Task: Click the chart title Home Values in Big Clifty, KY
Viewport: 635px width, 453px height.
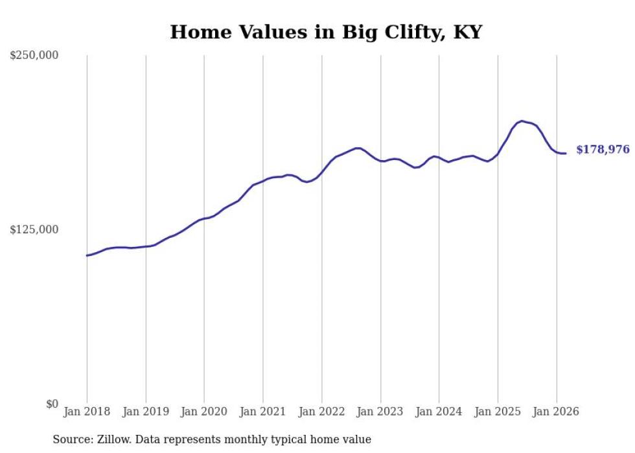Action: (326, 32)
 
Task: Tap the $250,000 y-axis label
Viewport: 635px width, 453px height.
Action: (34, 56)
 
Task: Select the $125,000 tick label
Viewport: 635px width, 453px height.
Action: (34, 229)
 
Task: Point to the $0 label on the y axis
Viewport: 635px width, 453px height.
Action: (52, 404)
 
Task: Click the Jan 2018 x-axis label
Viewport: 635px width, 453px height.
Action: (87, 412)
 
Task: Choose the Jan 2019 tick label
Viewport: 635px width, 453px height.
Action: (146, 412)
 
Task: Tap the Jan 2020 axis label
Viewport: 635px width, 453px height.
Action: (204, 412)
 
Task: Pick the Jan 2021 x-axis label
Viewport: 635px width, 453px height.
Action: (263, 412)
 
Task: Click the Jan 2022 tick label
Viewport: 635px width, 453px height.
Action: (321, 412)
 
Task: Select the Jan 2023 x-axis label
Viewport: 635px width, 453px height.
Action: (380, 412)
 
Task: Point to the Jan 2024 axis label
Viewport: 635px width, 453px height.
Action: (439, 412)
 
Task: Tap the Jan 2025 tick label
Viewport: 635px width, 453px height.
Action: (498, 412)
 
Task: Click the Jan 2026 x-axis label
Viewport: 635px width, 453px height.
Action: (556, 412)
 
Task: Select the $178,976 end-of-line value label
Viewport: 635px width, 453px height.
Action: (603, 150)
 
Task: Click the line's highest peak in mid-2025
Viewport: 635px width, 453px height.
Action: (522, 121)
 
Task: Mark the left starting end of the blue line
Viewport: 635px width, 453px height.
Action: (87, 255)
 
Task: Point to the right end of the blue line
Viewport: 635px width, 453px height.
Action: (566, 154)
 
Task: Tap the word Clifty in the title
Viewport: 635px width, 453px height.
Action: (380, 32)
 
